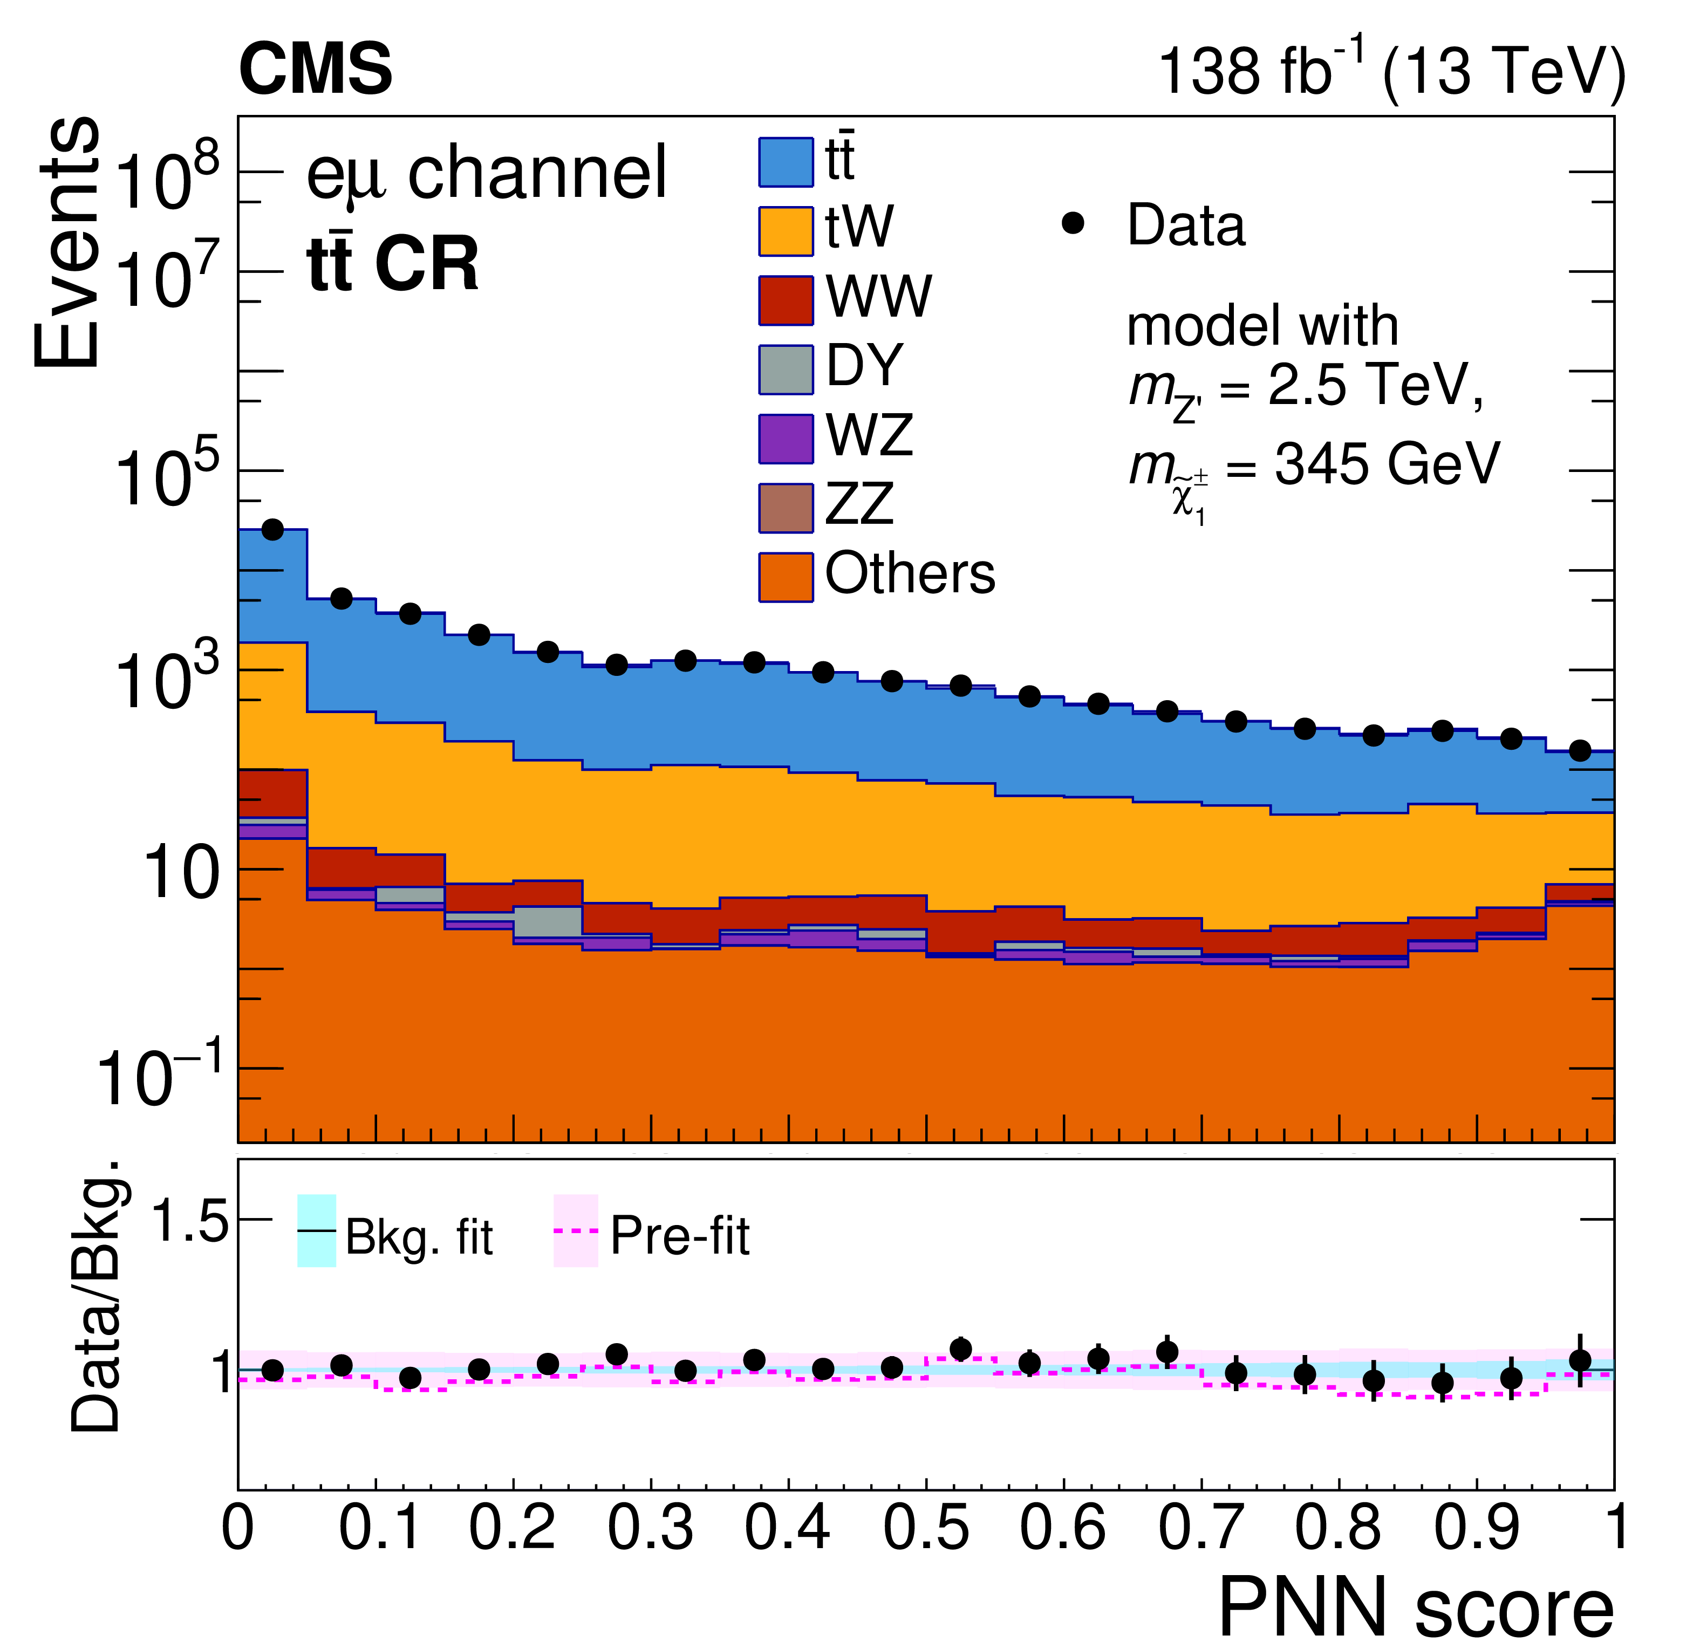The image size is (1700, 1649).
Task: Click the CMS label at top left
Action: point(315,70)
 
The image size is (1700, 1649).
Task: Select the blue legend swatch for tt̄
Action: point(786,162)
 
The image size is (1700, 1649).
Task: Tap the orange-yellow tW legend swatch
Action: point(786,231)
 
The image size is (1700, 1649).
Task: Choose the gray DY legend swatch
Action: point(786,370)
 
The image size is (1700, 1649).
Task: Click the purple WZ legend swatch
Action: point(786,439)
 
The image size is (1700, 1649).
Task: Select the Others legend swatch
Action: point(786,577)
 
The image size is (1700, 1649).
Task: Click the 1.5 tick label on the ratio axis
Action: point(189,1222)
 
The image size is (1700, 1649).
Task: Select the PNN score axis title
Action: point(1416,1609)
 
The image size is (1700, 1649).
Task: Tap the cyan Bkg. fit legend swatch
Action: point(317,1231)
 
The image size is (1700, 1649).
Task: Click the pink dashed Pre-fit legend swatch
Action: point(576,1231)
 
